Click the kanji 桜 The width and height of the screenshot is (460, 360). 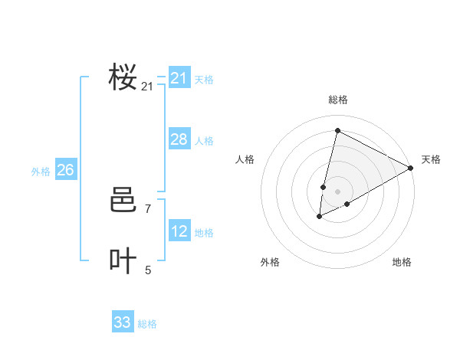pyautogui.click(x=123, y=77)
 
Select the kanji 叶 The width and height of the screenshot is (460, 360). pyautogui.click(x=123, y=261)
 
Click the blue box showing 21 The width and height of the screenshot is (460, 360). pyautogui.click(x=179, y=78)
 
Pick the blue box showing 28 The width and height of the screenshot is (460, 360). pyautogui.click(x=179, y=139)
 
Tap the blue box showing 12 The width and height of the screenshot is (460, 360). pyautogui.click(x=179, y=231)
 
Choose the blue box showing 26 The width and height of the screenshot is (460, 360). pyautogui.click(x=65, y=170)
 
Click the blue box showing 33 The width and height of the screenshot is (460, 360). pyautogui.click(x=122, y=322)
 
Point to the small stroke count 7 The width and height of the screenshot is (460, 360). pyautogui.click(x=148, y=208)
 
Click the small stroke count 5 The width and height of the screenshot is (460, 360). pyautogui.click(x=148, y=270)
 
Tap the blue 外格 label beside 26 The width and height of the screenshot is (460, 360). pyautogui.click(x=41, y=172)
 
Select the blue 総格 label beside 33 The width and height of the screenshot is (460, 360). pyautogui.click(x=147, y=324)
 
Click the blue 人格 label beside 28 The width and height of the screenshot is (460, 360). pyautogui.click(x=204, y=141)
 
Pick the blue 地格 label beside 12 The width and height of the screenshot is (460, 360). pyautogui.click(x=204, y=233)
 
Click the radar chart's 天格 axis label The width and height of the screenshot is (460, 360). pyautogui.click(x=431, y=159)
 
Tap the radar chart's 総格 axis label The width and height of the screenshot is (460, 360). pyautogui.click(x=337, y=100)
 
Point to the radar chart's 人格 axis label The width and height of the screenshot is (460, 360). pyautogui.click(x=245, y=159)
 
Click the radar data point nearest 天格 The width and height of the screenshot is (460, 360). pyautogui.click(x=412, y=168)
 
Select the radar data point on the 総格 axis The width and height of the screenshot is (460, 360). pyautogui.click(x=337, y=130)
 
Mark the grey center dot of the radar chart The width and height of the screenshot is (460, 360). pyautogui.click(x=337, y=191)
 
